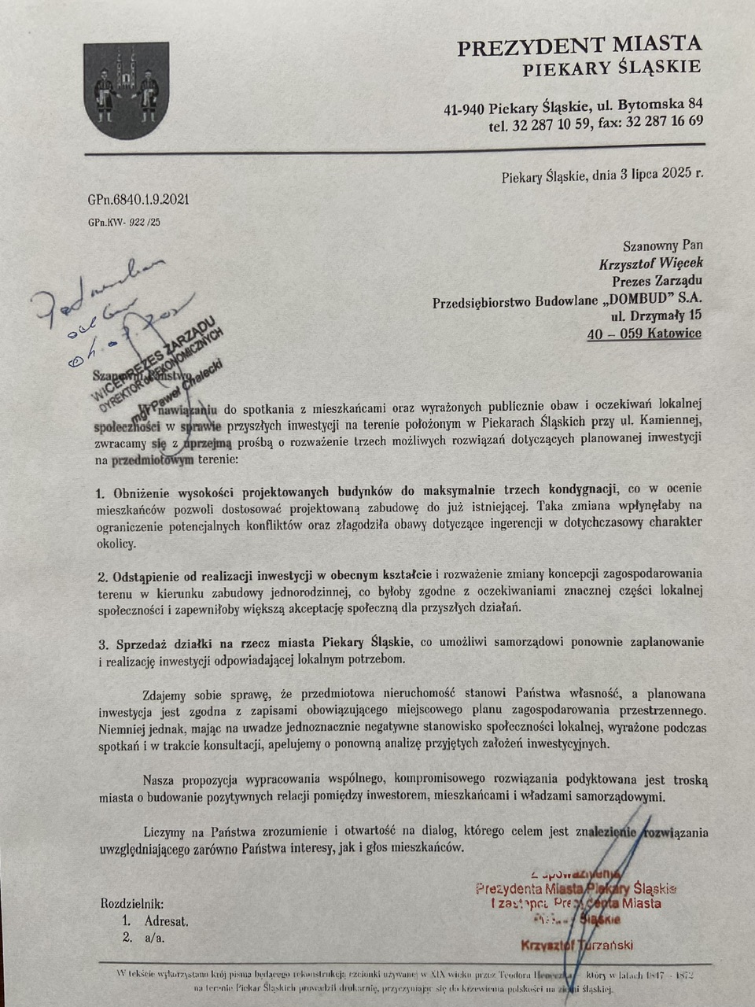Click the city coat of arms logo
pos(126,90)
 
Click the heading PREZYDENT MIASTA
pos(579,46)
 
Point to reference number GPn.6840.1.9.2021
pos(138,200)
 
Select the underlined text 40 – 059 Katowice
pos(644,334)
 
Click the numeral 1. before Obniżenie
pos(101,493)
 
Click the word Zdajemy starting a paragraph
pos(168,695)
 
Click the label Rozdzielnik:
pos(132,904)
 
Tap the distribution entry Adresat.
pos(166,920)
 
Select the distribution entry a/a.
pos(154,937)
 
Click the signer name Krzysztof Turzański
pos(576,945)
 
